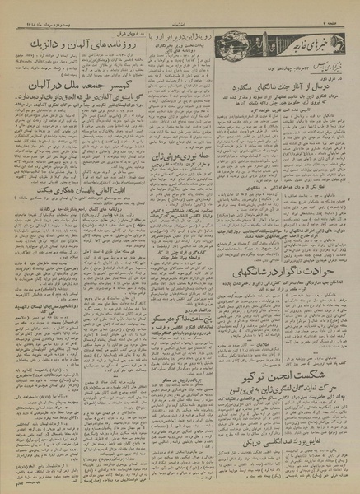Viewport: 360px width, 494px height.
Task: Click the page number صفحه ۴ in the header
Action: point(338,8)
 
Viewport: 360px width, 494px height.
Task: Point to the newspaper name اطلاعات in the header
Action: point(180,8)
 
